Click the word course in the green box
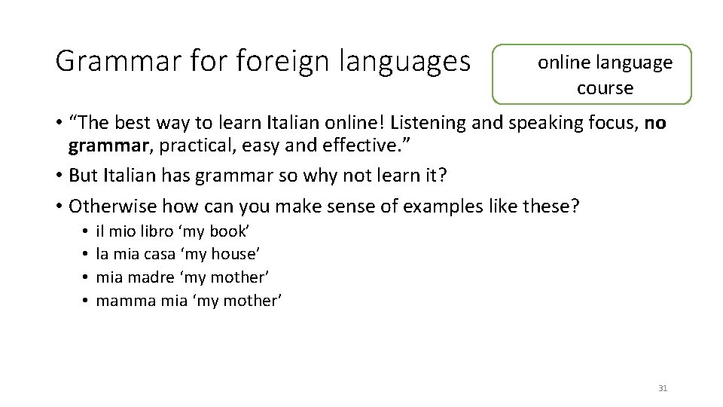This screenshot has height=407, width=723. click(605, 88)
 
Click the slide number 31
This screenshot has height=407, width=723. click(663, 388)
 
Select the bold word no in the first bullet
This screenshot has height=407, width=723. click(656, 122)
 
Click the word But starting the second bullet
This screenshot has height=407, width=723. click(83, 175)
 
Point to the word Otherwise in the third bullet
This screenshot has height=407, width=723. click(111, 205)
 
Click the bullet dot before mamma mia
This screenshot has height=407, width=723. click(87, 300)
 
